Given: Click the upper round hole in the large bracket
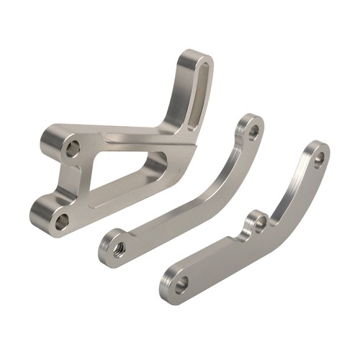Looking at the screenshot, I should (72, 149).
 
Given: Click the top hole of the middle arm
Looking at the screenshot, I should (253, 132).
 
